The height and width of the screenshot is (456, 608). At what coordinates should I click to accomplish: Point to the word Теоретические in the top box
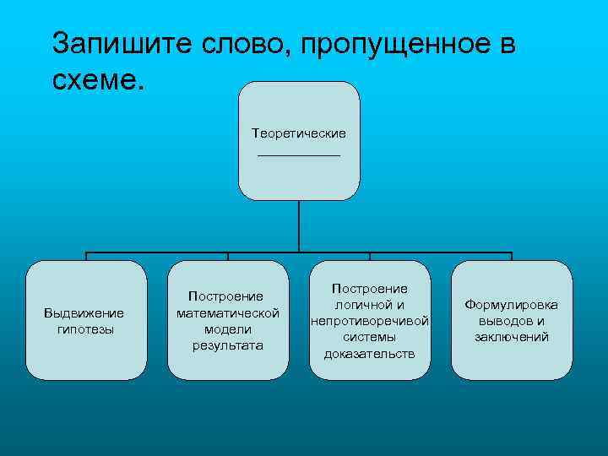(x=299, y=133)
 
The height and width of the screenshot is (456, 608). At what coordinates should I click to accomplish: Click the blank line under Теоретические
(x=299, y=155)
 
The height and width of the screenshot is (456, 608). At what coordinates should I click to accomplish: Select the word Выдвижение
(x=84, y=313)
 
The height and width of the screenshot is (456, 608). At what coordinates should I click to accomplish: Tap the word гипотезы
(x=84, y=328)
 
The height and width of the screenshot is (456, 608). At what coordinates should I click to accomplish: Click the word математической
(x=228, y=313)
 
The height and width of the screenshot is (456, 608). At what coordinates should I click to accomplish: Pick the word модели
(x=228, y=329)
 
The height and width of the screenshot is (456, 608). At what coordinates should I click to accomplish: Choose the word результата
(x=228, y=345)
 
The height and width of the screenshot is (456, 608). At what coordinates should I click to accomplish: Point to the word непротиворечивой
(x=370, y=321)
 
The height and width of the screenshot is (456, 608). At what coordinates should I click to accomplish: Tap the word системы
(x=370, y=337)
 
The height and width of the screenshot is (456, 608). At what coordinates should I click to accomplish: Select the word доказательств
(x=370, y=353)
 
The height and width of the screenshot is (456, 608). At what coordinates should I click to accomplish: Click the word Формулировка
(x=512, y=305)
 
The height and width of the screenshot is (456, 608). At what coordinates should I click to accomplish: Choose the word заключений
(x=512, y=337)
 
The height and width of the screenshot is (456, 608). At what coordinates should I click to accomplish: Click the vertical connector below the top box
(x=299, y=226)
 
